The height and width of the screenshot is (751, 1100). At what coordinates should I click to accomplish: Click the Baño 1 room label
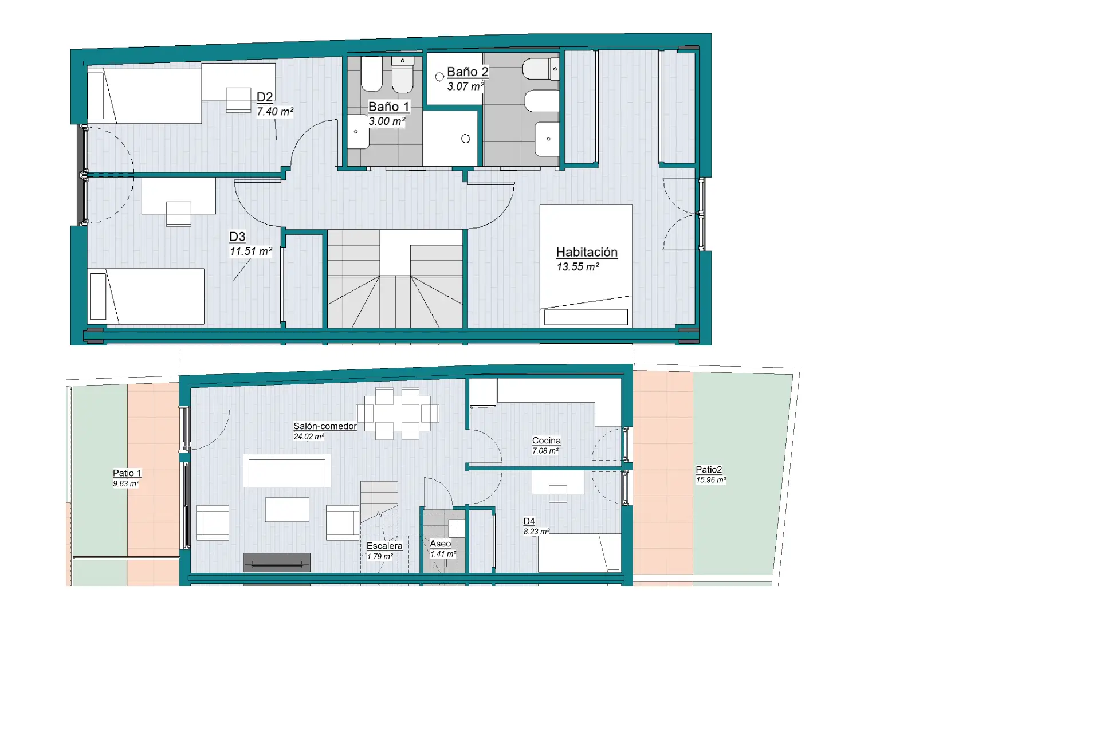coord(388,107)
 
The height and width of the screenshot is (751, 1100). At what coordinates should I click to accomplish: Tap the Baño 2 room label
coord(467,72)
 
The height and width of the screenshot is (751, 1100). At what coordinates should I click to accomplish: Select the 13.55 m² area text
coord(577,267)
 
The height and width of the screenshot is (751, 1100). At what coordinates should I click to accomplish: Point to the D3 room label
coord(237,237)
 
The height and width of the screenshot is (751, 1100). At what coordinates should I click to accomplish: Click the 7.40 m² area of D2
coord(275,112)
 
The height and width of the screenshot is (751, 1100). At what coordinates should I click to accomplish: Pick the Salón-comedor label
coord(325,426)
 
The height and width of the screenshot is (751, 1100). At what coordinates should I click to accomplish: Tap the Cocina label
coord(546,441)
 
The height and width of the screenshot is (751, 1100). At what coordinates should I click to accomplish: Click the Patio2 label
coord(709,470)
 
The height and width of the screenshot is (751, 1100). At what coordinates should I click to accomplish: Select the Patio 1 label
coord(127,473)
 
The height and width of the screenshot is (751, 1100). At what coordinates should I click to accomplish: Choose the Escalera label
coord(384,546)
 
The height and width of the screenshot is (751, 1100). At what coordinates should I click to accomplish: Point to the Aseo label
coord(440,544)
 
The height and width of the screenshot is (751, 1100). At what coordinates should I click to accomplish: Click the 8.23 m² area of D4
coord(536,532)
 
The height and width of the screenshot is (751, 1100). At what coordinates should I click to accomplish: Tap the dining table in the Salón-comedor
coord(397,414)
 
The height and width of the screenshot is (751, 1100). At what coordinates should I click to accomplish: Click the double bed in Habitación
coord(586,266)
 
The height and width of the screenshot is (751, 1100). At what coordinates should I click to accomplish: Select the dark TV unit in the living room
coord(277,563)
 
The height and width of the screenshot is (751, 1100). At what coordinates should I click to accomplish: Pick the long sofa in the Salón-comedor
coord(287,470)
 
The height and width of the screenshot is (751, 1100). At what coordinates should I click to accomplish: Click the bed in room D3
coord(146,297)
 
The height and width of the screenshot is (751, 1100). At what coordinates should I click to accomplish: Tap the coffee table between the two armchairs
coord(287,509)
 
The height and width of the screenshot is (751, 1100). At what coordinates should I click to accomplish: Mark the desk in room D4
coord(557,482)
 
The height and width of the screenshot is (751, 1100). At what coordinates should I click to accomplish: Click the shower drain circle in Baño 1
coord(465,139)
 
